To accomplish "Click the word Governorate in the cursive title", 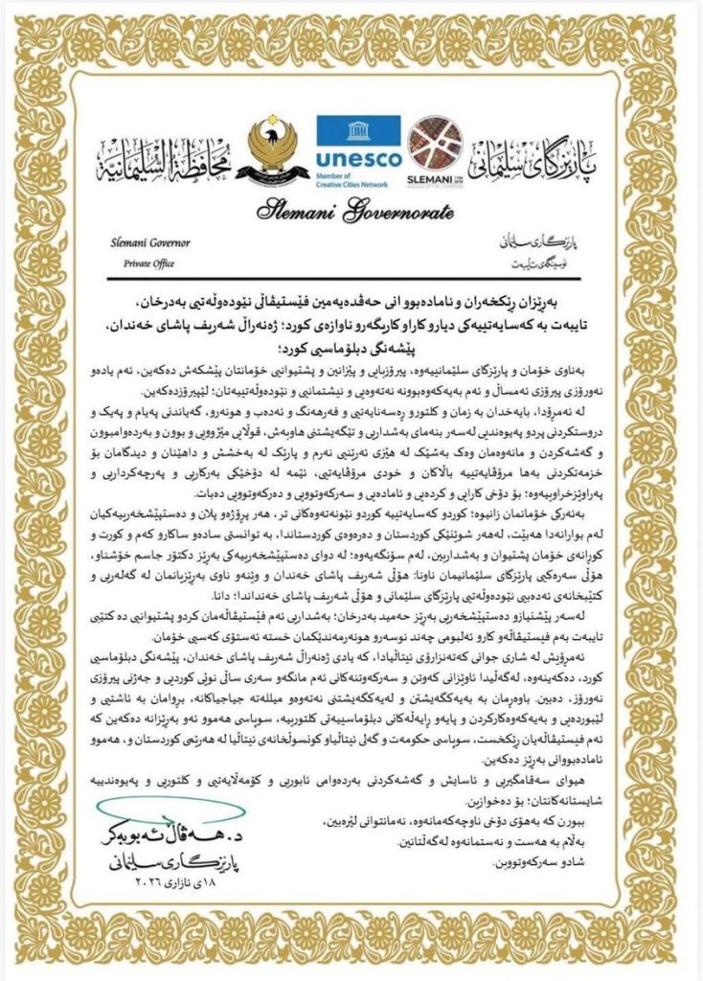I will [x=396, y=210].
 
